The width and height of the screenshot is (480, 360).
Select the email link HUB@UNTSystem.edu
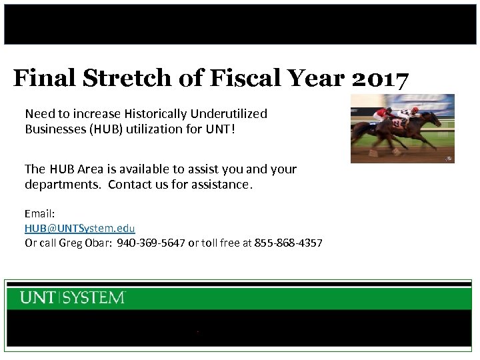80,228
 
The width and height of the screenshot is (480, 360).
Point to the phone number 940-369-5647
151,243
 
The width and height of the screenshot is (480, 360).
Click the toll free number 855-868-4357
289,243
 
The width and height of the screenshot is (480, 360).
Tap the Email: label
39,214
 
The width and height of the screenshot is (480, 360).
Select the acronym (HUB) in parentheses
105,129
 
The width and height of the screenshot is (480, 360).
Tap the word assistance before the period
218,185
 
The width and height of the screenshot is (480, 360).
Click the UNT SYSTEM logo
73,297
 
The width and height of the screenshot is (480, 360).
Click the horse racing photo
402,129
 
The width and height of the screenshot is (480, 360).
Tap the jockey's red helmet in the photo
415,110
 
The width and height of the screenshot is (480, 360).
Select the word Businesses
54,129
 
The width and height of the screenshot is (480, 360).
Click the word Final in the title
45,79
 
